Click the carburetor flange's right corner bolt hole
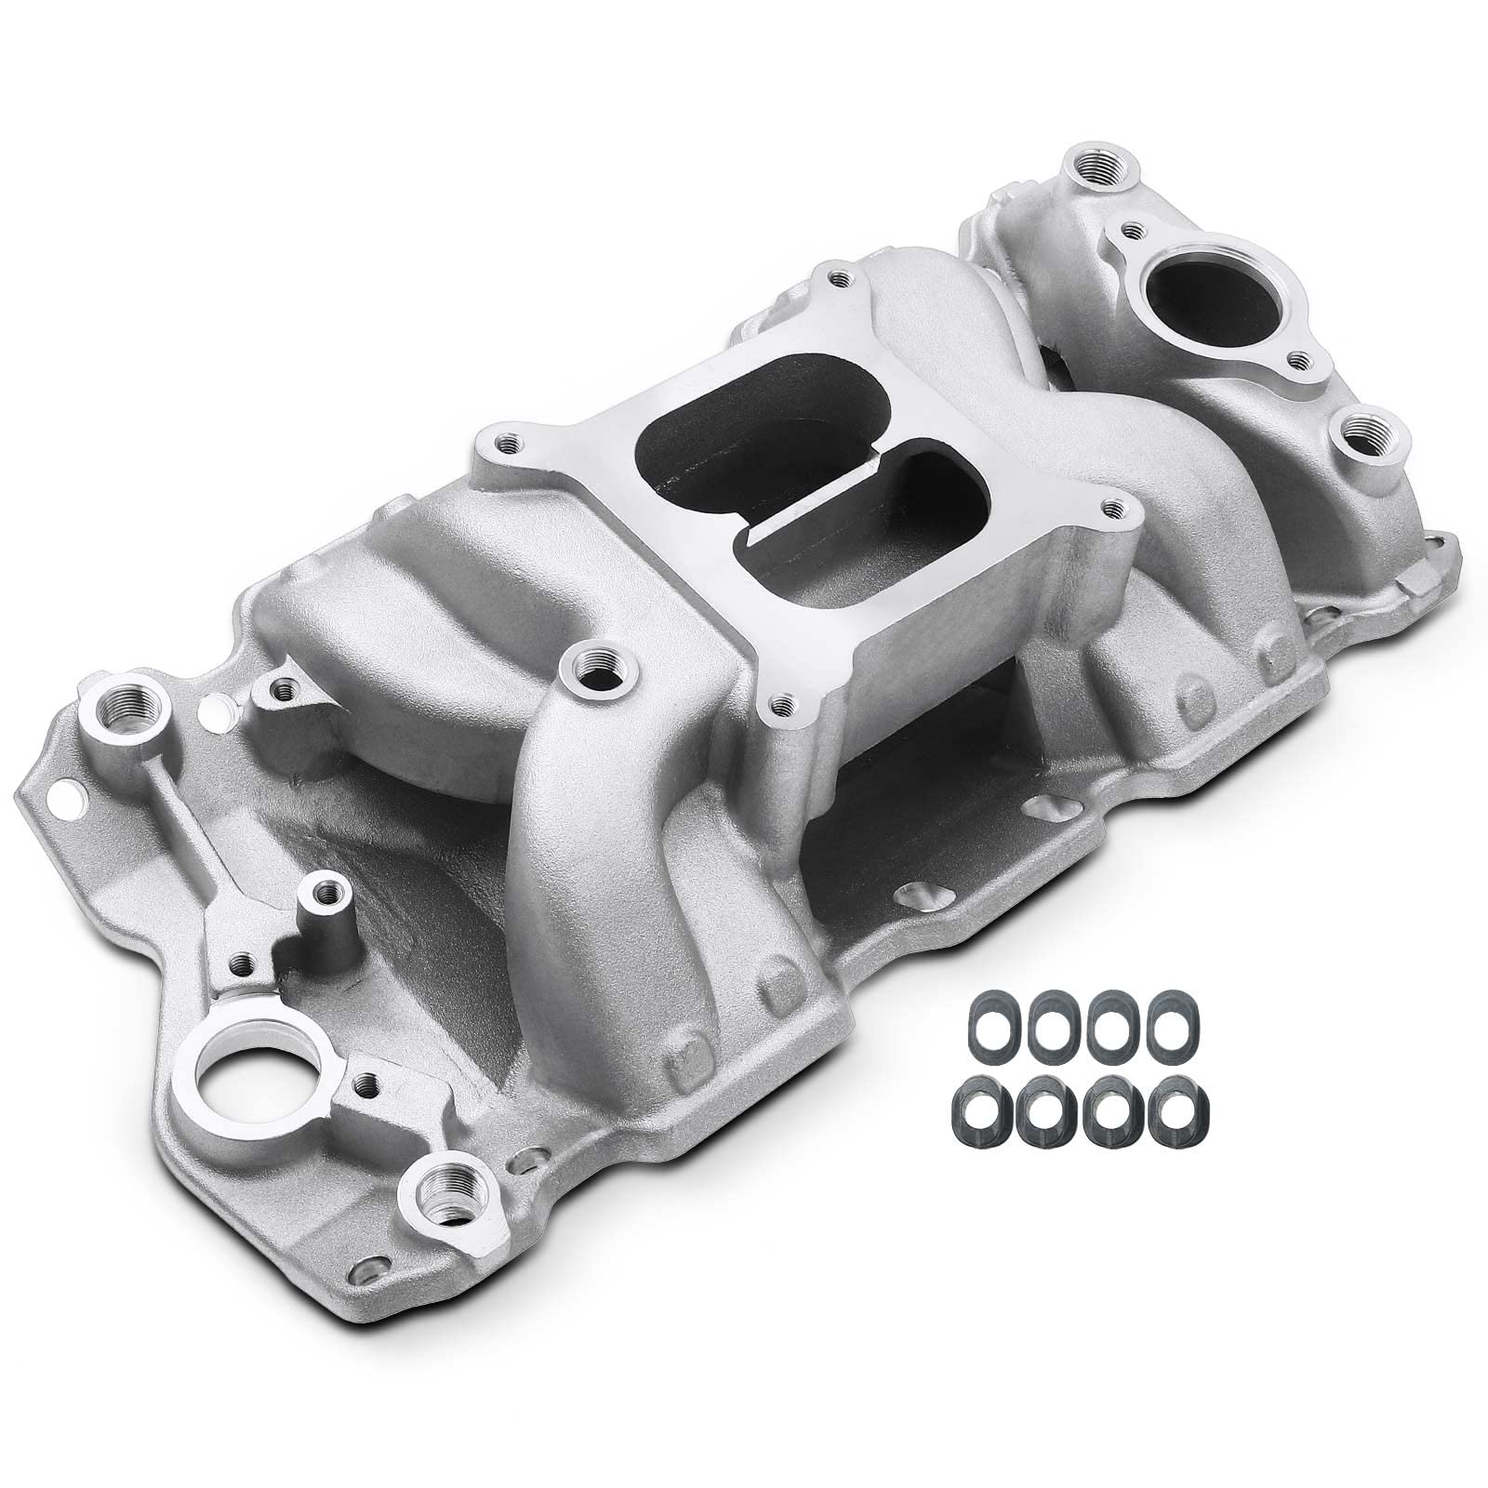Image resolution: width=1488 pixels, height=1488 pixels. tap(1110, 509)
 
